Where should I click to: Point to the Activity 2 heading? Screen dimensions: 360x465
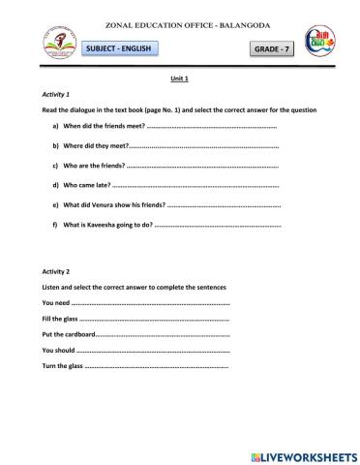56,272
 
